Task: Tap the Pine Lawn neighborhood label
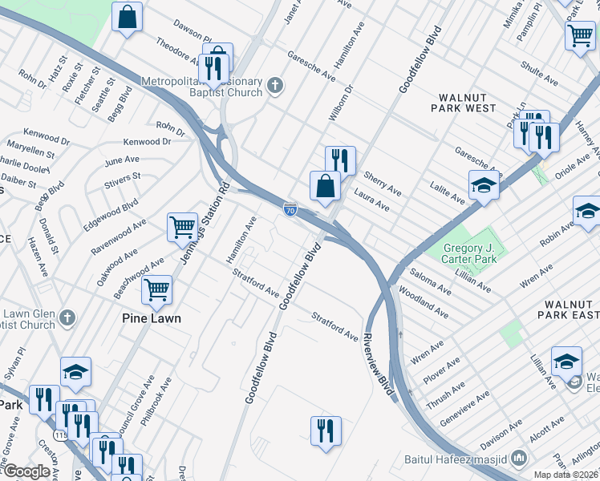coord(151,318)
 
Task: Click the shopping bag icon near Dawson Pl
coord(127,16)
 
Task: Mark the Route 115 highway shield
coord(59,434)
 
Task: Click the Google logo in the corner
coord(26,471)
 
